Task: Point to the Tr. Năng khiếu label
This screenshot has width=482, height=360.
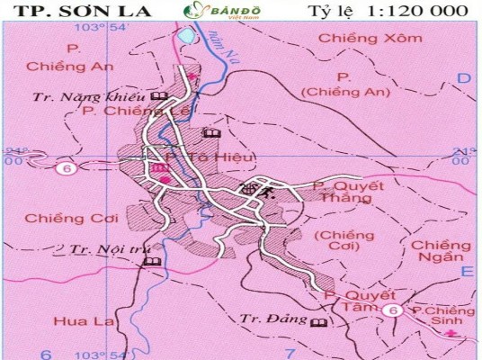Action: tap(88, 96)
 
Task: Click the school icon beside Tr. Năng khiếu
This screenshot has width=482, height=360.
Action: tap(159, 96)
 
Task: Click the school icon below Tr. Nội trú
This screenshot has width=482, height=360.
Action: tap(151, 262)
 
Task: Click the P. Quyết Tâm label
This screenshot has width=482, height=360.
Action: tap(359, 301)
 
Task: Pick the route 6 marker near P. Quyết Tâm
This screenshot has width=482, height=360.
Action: tap(391, 310)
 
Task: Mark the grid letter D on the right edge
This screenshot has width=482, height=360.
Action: tap(464, 79)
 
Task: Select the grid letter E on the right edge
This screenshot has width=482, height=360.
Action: tap(466, 270)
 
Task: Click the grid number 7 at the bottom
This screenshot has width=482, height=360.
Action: tap(290, 352)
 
